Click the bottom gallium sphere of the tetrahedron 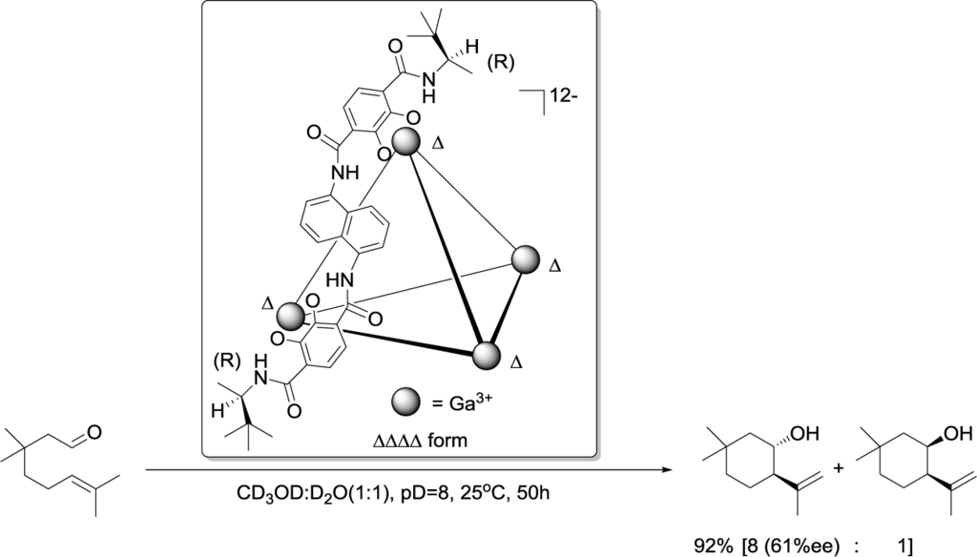[487, 357]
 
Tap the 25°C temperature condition [463, 496]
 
